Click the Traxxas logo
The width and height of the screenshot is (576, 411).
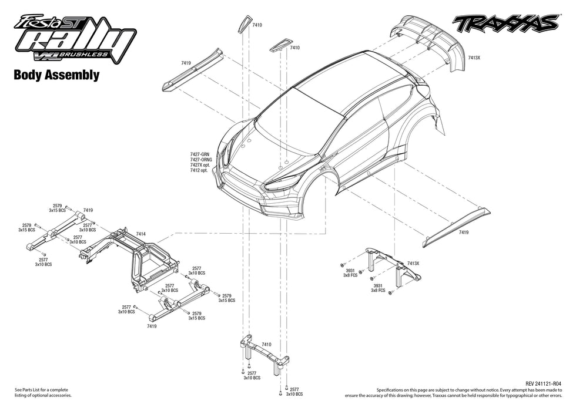[505, 23]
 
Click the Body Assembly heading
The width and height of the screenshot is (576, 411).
[56, 75]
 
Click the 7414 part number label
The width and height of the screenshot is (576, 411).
[141, 234]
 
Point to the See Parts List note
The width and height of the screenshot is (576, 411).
[41, 392]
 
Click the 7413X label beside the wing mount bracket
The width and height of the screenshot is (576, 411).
[413, 264]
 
